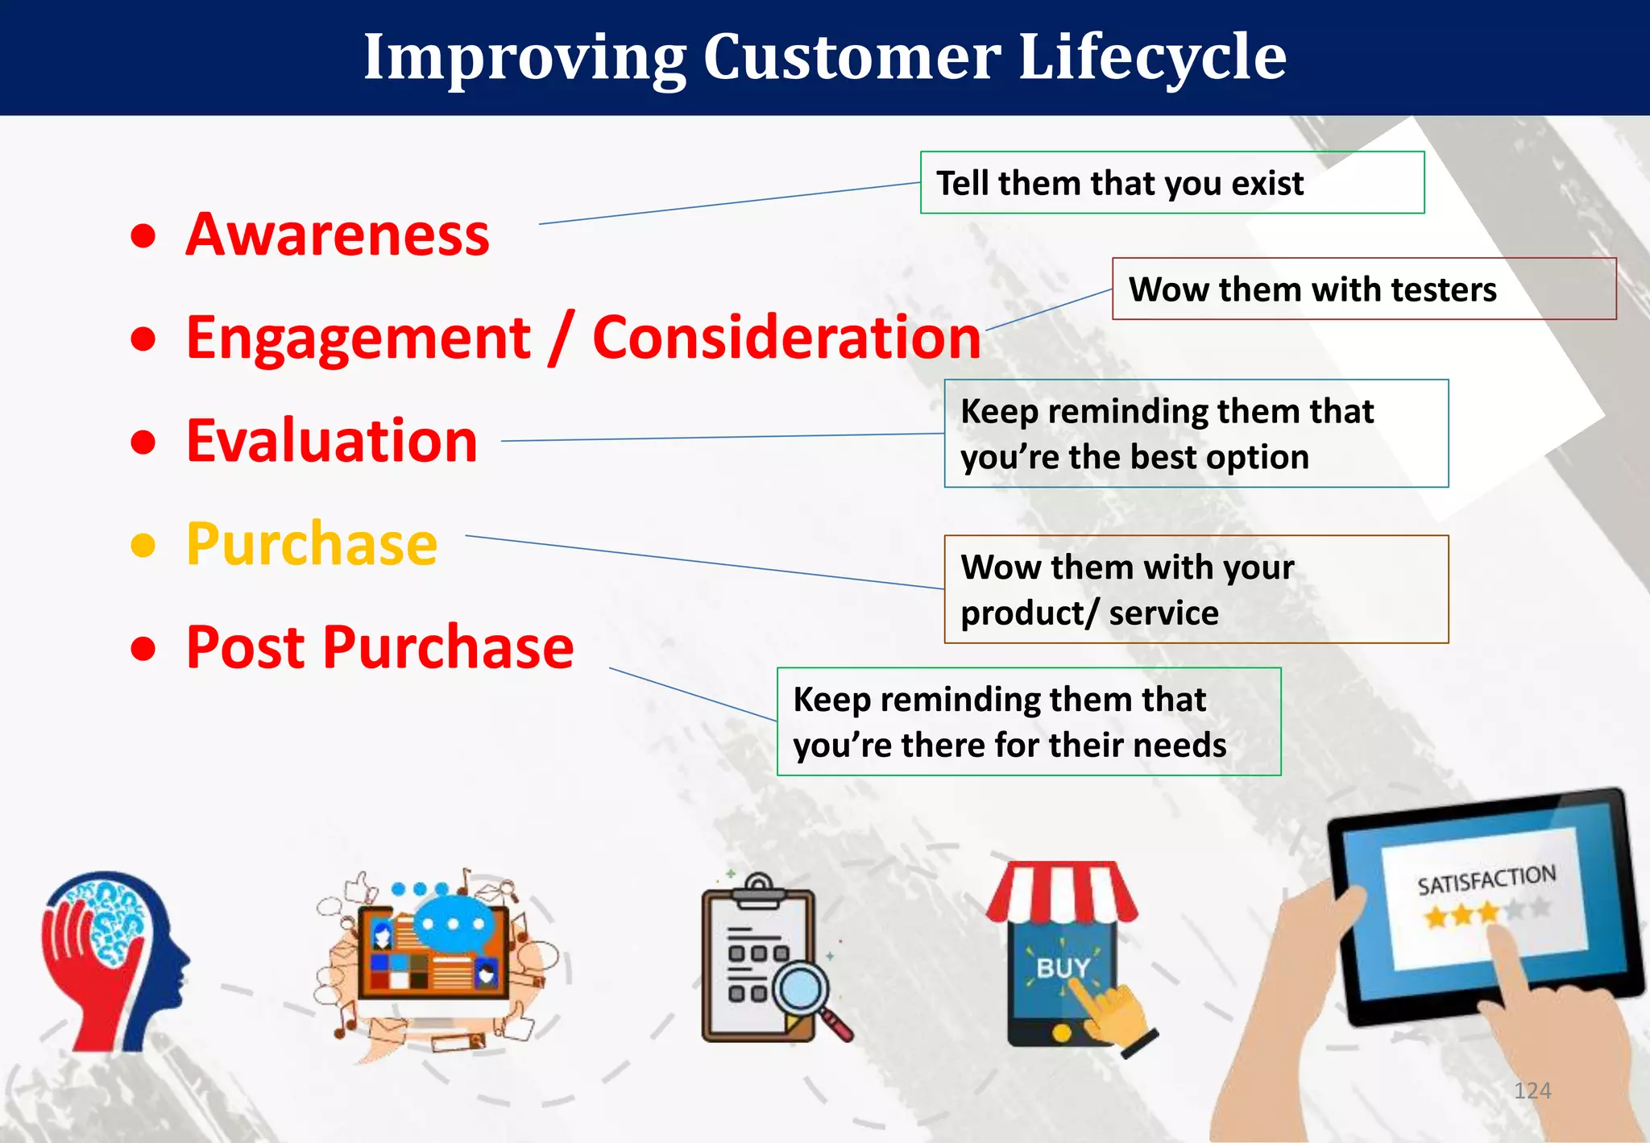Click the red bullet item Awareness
click(338, 235)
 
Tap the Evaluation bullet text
click(332, 441)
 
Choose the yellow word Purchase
click(312, 544)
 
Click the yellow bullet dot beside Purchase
click(143, 546)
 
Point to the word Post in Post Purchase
click(247, 647)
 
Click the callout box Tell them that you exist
click(1172, 182)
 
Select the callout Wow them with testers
click(1364, 289)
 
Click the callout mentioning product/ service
click(1196, 589)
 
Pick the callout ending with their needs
click(1029, 721)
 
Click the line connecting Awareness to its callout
click(729, 203)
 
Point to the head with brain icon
click(115, 960)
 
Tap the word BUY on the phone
click(1063, 968)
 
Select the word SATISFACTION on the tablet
click(1486, 879)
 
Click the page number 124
click(1532, 1091)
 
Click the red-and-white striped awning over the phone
click(1062, 892)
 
